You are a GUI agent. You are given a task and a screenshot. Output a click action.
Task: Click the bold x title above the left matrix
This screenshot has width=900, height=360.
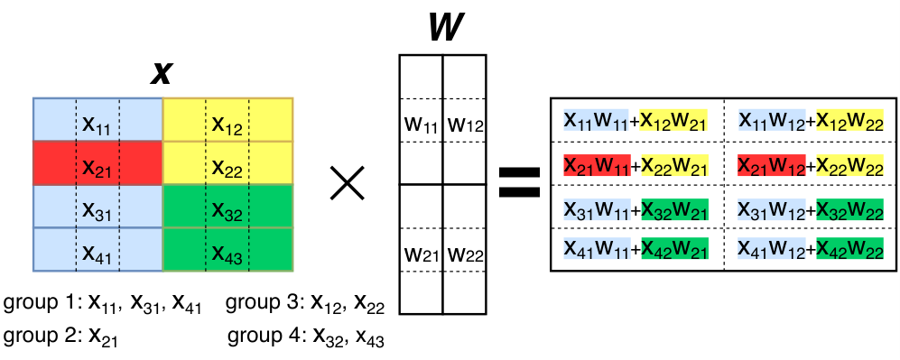162,73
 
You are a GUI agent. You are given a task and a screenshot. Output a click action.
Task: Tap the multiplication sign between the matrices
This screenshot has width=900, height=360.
348,183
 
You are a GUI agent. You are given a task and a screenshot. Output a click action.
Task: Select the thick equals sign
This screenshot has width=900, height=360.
519,182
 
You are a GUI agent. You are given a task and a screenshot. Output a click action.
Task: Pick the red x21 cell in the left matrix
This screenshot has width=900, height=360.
97,163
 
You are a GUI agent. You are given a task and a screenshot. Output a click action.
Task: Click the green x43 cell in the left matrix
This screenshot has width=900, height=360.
227,250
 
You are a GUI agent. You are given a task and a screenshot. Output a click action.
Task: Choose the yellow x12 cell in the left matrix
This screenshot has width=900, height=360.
227,120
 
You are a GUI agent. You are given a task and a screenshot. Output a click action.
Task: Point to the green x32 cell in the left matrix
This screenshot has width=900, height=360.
227,207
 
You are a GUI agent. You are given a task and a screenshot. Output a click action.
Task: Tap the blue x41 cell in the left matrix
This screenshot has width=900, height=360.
97,250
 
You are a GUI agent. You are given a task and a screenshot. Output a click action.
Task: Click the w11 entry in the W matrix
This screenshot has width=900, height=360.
422,124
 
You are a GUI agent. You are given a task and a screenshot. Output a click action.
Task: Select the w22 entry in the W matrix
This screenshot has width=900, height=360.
465,253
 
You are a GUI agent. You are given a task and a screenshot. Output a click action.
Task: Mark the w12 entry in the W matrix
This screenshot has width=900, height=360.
465,124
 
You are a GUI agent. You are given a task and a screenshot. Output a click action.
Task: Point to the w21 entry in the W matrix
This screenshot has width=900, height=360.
422,253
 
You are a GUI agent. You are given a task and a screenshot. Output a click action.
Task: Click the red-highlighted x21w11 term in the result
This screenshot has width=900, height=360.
597,165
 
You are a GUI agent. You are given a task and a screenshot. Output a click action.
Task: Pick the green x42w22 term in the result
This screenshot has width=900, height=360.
850,248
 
